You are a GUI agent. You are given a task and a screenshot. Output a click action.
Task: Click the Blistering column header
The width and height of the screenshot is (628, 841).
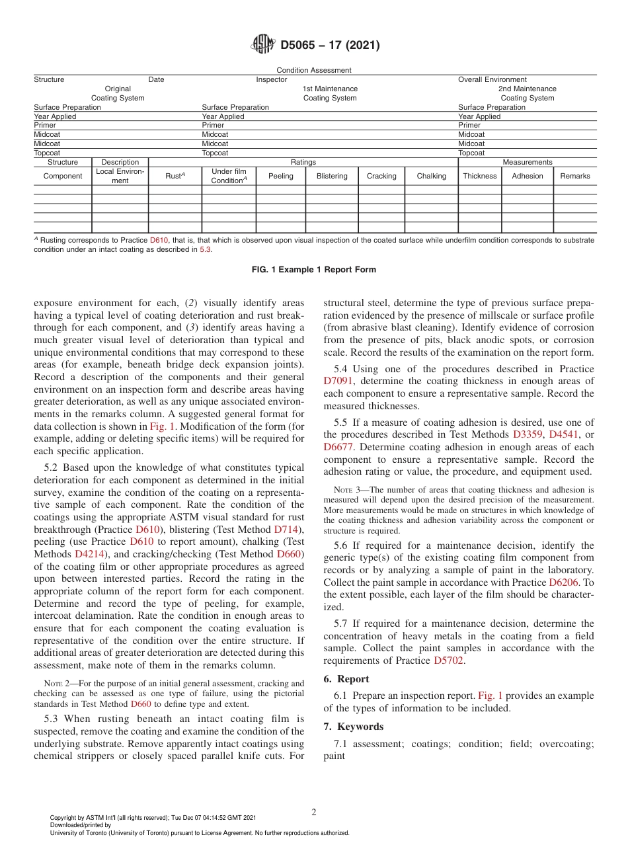pos(331,176)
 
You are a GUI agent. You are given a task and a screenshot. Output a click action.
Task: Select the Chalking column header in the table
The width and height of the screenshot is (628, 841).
pos(431,176)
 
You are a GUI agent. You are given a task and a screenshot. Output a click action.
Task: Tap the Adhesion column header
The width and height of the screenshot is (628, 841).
pos(527,176)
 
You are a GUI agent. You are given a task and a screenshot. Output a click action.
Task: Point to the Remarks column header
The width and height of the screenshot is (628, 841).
pos(574,176)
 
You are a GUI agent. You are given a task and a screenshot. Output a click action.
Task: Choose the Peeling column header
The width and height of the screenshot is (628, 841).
pos(280,176)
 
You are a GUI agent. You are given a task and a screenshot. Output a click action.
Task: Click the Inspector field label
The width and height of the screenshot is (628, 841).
pos(272,79)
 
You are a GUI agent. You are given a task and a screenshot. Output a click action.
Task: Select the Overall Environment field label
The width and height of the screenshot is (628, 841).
pos(492,79)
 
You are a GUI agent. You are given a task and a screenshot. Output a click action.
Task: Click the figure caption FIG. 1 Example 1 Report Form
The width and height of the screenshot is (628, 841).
pos(313,270)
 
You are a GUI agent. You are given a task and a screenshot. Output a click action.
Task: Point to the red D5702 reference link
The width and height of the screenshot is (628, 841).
pos(448,661)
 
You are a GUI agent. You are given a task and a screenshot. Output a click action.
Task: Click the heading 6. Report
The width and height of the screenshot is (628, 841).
pos(346,679)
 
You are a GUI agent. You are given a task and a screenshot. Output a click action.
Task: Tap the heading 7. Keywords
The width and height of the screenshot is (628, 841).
pos(353,727)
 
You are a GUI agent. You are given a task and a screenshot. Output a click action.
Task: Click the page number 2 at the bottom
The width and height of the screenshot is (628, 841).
pos(314,813)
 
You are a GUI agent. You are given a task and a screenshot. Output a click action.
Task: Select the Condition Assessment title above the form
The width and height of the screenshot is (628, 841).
pos(313,70)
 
